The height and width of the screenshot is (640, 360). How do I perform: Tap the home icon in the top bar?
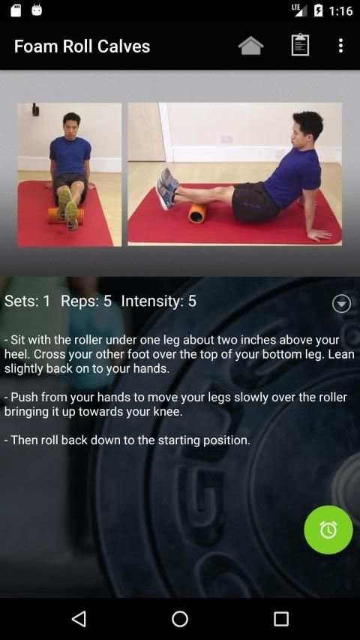250,45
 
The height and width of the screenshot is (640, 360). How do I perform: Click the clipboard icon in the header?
300,45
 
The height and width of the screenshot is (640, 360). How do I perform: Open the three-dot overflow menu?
340,46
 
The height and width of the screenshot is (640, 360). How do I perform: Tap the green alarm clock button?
328,530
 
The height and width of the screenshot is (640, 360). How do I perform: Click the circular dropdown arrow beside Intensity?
342,304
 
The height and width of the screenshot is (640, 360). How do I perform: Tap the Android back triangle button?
79,619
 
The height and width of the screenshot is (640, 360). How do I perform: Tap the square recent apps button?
281,619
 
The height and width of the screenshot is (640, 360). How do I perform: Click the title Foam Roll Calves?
82,46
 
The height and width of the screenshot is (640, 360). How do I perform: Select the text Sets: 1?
27,301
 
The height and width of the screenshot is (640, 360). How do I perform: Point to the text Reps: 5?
86,301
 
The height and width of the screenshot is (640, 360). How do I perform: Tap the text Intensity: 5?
159,301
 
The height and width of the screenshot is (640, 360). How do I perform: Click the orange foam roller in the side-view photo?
196,212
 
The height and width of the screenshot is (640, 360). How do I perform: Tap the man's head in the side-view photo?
307,127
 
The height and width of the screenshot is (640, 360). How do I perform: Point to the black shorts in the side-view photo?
255,202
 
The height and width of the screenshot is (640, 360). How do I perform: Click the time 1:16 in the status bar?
340,11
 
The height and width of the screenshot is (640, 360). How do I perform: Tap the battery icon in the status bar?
318,11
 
